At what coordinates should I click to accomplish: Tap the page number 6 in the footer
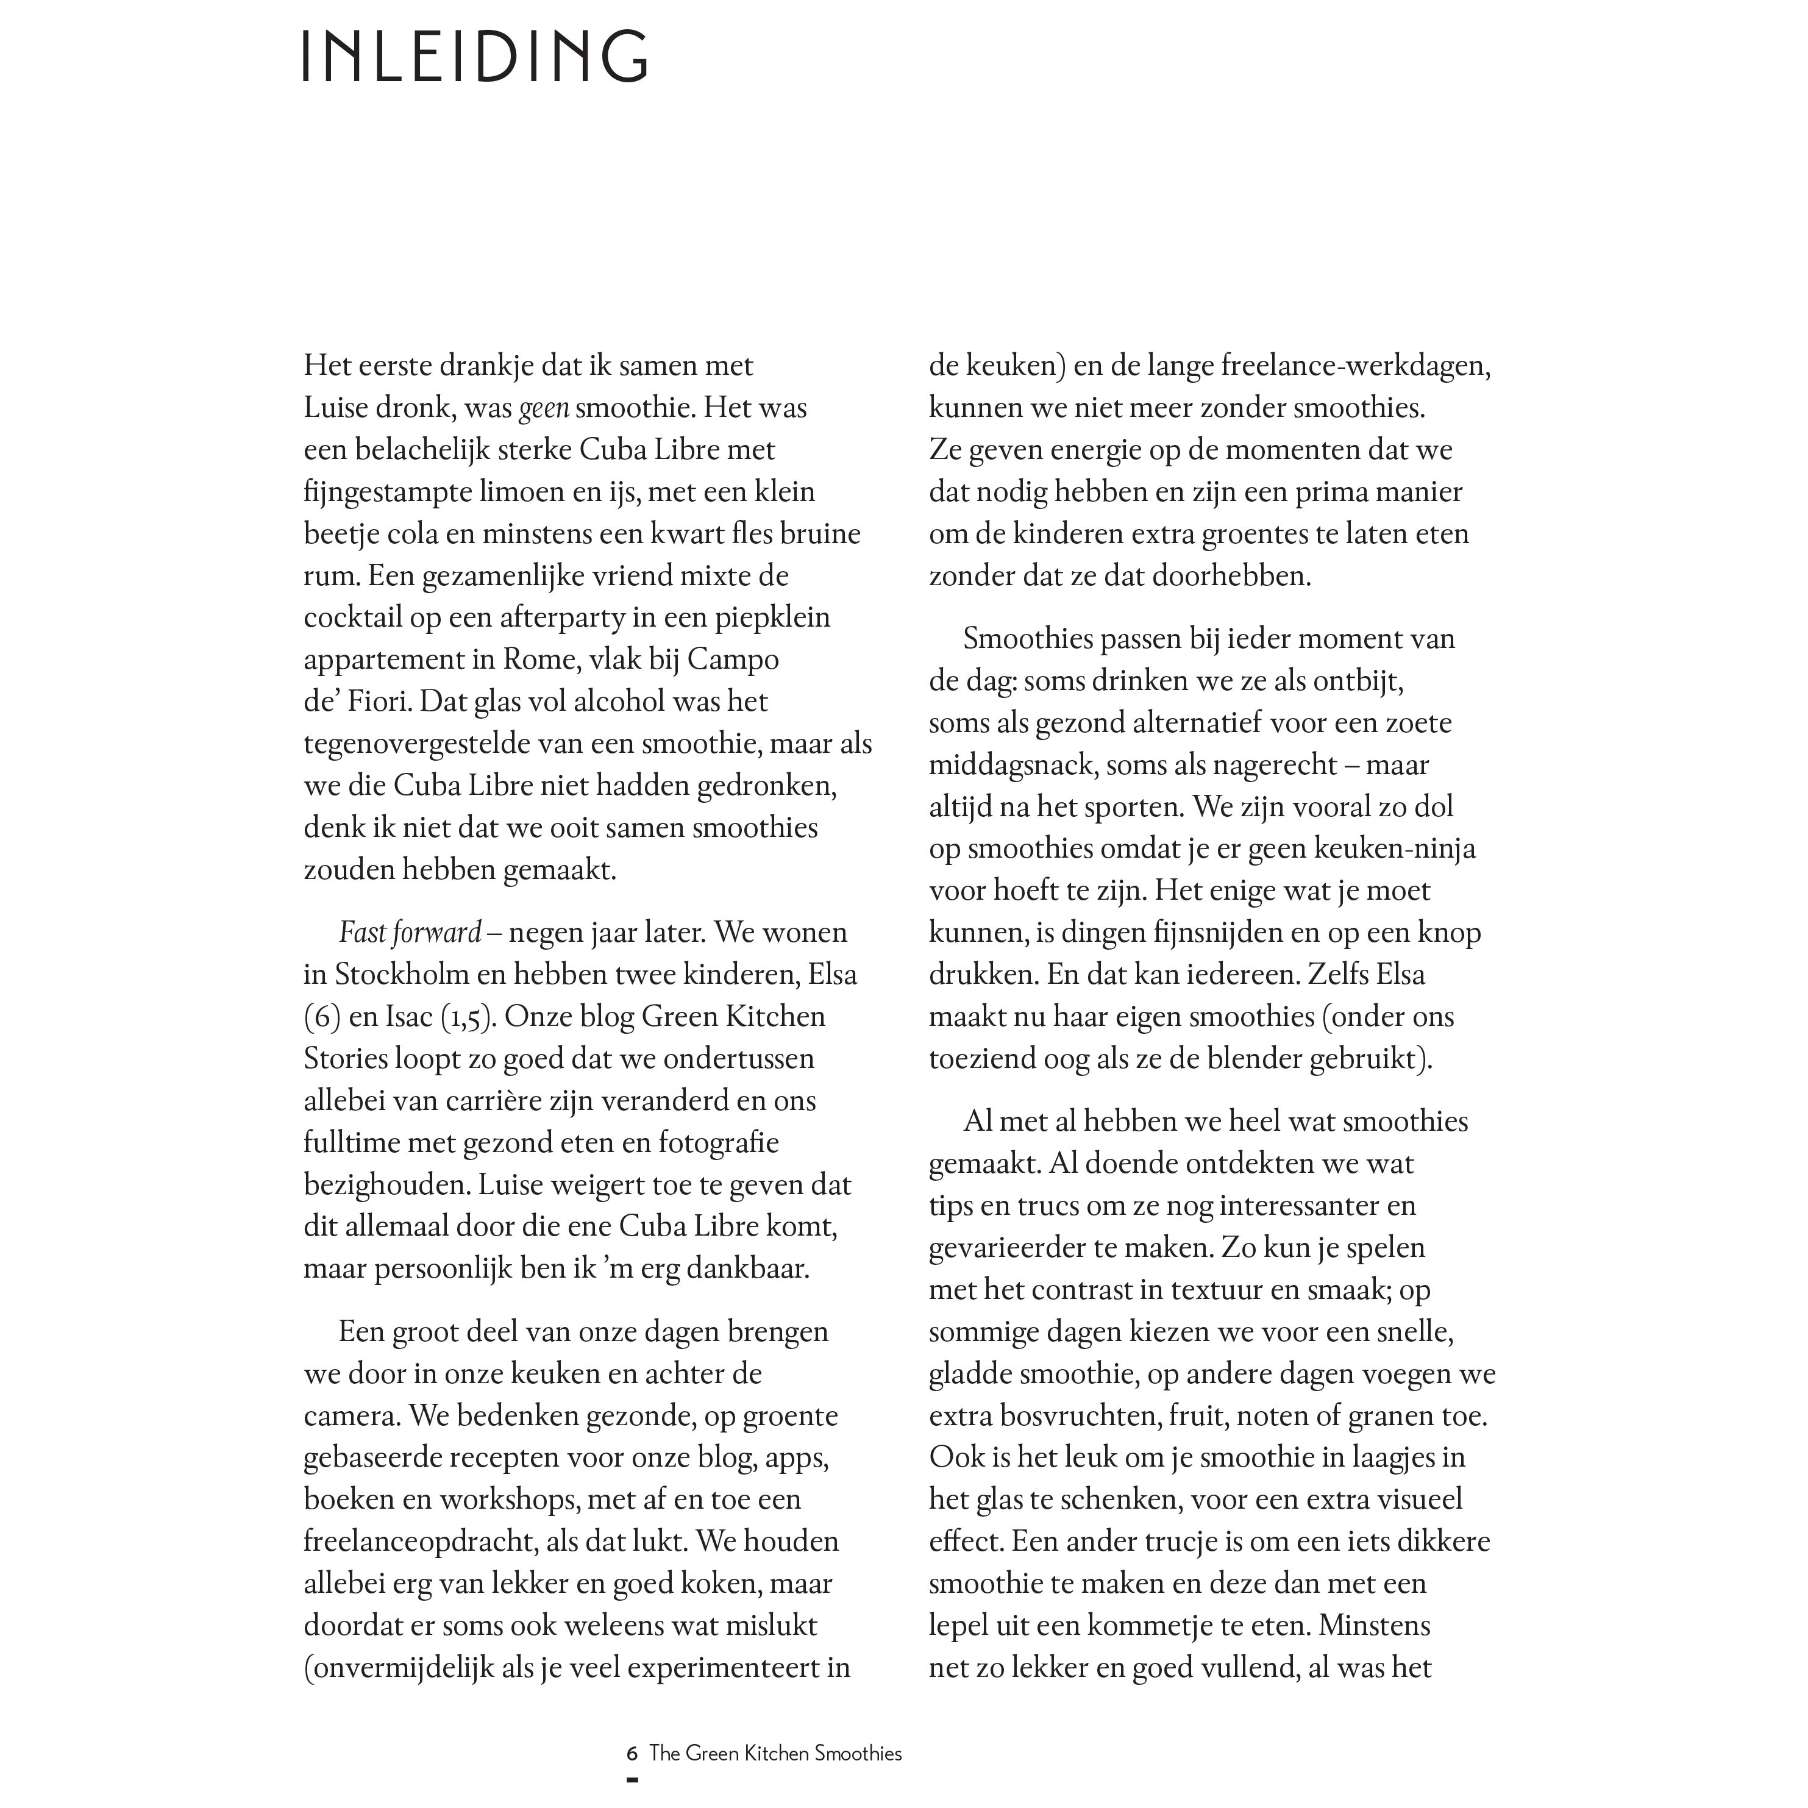(x=633, y=1753)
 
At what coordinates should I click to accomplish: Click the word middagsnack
(x=1013, y=764)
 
